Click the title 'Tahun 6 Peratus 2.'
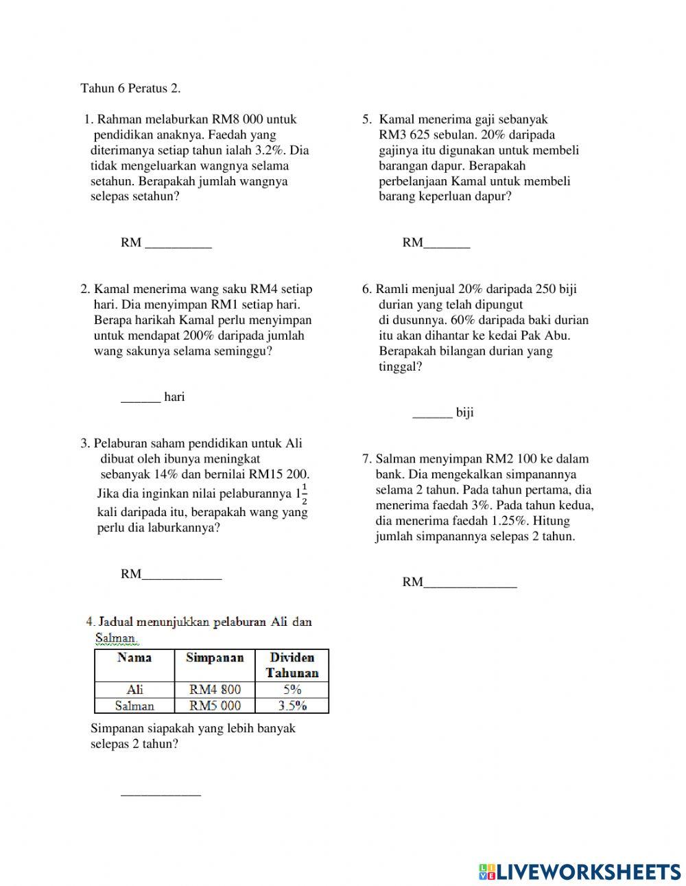(130, 89)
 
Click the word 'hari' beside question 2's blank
(174, 397)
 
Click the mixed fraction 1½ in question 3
(301, 493)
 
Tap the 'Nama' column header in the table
(134, 658)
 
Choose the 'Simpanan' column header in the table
(215, 658)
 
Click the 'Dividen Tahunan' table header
(292, 665)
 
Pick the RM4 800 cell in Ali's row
(215, 690)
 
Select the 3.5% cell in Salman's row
(292, 706)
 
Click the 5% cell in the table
(292, 690)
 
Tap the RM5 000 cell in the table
(215, 706)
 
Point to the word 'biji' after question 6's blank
(464, 412)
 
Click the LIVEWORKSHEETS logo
(580, 872)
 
